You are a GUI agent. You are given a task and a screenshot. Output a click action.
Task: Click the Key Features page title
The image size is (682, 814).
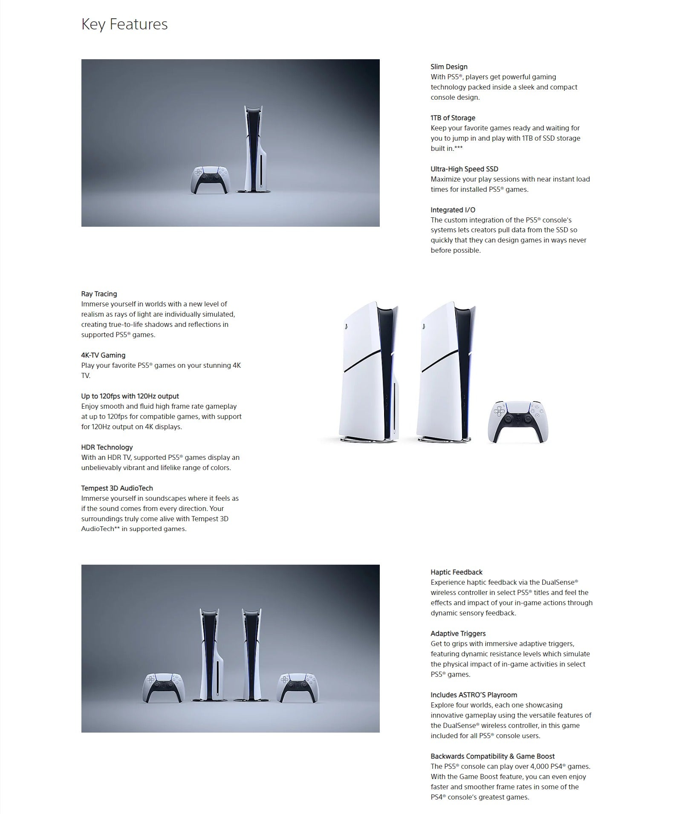(x=124, y=24)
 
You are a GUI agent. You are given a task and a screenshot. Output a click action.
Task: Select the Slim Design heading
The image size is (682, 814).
(x=449, y=67)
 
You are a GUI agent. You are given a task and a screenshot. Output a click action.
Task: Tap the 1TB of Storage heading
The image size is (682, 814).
(x=453, y=118)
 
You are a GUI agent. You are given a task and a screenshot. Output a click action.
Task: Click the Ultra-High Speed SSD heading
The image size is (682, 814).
(x=464, y=169)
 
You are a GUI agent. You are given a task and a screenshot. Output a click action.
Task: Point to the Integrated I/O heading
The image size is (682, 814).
(x=453, y=210)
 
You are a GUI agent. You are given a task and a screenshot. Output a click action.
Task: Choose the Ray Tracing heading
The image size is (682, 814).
(x=99, y=294)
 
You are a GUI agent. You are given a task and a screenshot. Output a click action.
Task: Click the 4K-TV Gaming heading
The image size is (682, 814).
(x=103, y=355)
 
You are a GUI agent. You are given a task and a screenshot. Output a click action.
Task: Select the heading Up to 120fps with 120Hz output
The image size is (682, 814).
(x=130, y=396)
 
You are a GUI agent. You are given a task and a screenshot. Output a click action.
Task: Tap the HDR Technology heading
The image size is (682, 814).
(x=107, y=447)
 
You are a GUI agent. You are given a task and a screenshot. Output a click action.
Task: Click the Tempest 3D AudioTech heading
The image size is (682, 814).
(x=117, y=488)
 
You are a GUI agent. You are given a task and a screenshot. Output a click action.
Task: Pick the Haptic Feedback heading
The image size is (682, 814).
(x=457, y=572)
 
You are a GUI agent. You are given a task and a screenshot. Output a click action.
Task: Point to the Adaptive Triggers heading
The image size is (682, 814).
(x=458, y=634)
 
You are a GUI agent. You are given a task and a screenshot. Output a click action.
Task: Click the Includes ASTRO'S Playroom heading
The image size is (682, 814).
(x=474, y=695)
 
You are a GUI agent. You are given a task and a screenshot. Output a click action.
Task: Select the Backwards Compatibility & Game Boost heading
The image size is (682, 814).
(x=492, y=756)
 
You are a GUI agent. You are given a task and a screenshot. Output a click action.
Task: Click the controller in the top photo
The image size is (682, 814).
(x=209, y=179)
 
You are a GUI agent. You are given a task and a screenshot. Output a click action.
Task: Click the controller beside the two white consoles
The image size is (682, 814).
(x=518, y=421)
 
